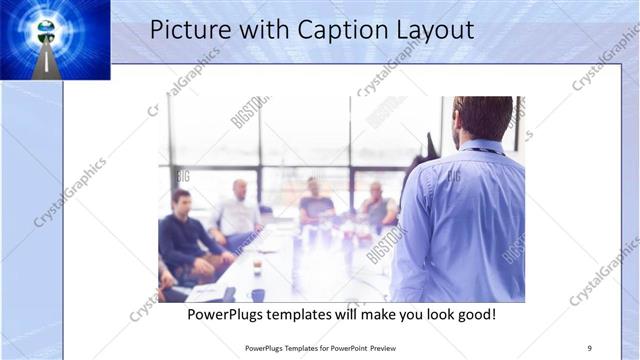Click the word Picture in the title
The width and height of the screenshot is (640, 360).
[186, 30]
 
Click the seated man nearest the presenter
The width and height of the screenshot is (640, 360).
[377, 207]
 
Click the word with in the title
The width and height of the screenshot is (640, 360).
[257, 30]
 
